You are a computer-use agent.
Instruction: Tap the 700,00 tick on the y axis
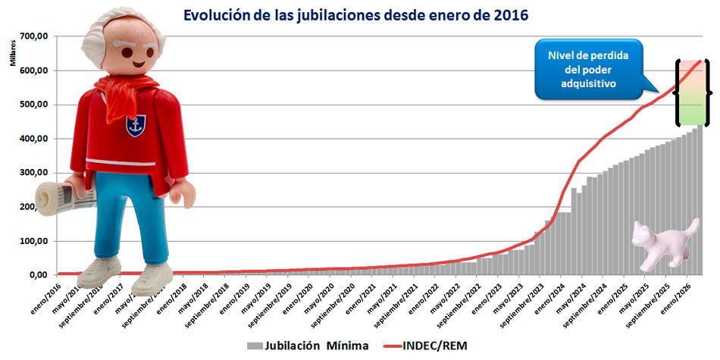point(35,36)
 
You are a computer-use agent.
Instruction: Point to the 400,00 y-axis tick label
point(35,139)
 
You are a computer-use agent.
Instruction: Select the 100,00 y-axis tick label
point(35,242)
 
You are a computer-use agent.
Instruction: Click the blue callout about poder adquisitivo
point(587,70)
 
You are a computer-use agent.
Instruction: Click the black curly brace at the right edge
point(709,91)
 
